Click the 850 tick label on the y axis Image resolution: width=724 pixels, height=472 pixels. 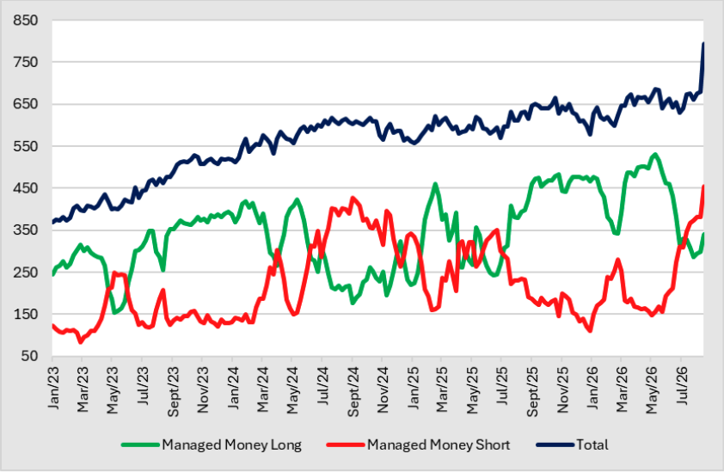pos(26,21)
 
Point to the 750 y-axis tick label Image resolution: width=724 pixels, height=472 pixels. pos(26,62)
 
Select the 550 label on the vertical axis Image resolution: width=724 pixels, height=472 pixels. pos(26,146)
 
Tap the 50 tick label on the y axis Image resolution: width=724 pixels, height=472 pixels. pos(29,356)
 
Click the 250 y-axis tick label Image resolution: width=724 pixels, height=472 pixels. pos(26,272)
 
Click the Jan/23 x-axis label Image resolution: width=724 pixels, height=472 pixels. pos(53,388)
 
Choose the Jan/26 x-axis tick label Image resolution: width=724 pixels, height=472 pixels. pos(592,388)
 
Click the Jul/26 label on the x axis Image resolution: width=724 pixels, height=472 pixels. pos(682,387)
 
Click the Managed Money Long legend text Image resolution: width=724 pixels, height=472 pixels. pos(231,445)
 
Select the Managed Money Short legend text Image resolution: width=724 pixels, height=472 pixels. pos(439,445)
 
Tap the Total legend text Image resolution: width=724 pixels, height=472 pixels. pos(592,444)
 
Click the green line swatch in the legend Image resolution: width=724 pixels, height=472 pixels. pos(140,445)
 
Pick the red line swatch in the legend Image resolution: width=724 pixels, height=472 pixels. pos(346,445)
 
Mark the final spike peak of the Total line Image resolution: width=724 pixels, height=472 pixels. pos(703,44)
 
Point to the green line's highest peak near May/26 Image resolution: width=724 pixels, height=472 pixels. pos(654,155)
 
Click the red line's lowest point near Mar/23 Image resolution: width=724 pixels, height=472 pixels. pos(81,342)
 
